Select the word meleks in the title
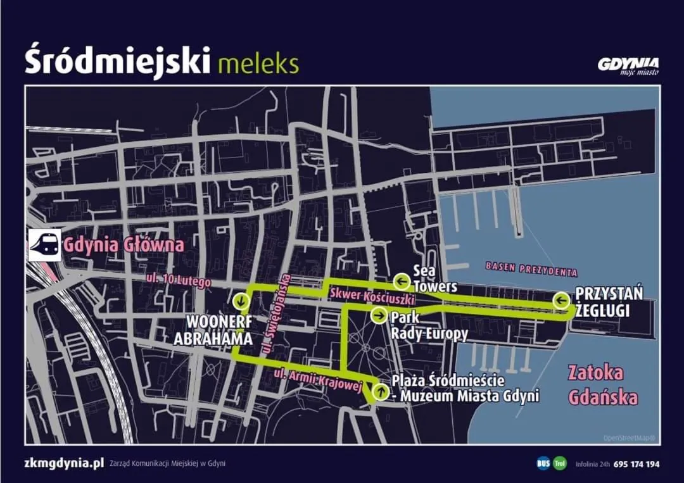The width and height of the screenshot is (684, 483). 257,63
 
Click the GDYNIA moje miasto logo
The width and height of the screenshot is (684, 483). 628,65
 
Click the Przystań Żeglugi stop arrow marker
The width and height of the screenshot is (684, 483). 560,301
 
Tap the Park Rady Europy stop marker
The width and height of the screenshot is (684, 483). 378,315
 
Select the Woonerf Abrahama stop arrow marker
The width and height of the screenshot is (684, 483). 240,300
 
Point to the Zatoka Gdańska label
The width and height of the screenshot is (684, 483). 602,385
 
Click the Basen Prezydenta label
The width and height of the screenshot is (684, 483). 531,269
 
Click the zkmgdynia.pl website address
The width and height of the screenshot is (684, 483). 64,463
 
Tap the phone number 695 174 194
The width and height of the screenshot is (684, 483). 636,464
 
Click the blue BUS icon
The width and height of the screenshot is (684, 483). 543,463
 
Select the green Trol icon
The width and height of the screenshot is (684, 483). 560,463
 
